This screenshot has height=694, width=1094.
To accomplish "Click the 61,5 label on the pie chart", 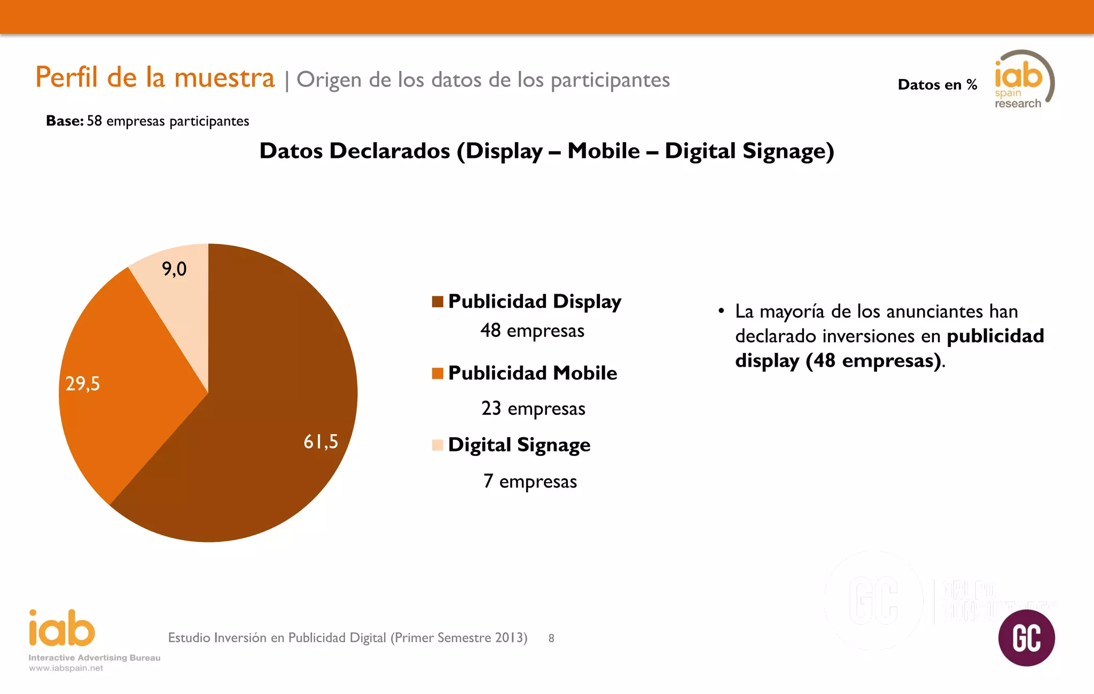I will (321, 441).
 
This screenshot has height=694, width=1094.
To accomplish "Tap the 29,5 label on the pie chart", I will (82, 383).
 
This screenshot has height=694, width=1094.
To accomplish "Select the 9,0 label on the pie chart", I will (174, 269).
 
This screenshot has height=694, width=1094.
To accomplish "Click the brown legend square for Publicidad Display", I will (437, 302).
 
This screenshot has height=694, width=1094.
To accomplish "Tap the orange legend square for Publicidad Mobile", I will (437, 373).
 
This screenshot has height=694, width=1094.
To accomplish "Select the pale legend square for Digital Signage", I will (437, 445).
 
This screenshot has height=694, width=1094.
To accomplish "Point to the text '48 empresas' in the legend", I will (532, 330).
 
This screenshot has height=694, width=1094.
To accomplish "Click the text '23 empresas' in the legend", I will (533, 408).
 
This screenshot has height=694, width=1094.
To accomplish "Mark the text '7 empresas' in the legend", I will (530, 481).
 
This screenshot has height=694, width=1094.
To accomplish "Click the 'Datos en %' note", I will (937, 84).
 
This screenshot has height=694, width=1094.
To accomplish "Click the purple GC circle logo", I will (1026, 637).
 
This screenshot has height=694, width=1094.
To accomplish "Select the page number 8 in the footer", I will (551, 638).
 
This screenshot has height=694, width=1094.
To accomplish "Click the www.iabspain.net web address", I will (66, 668).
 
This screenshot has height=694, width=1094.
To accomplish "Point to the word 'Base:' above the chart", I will (65, 121).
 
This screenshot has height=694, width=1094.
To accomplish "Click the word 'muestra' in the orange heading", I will (224, 77).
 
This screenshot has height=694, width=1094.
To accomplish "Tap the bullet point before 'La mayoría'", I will (721, 311).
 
